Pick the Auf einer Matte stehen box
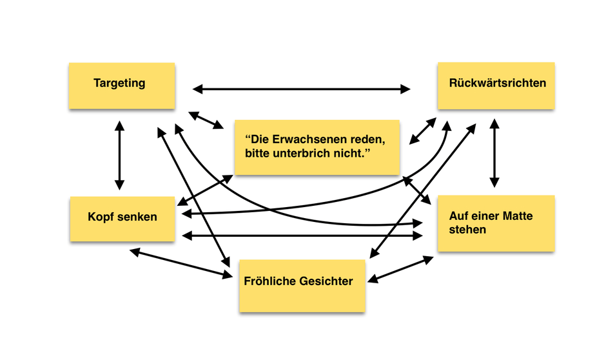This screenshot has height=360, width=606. [x=496, y=223]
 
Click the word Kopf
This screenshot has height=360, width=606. [x=100, y=216]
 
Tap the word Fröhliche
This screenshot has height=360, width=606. [x=269, y=281]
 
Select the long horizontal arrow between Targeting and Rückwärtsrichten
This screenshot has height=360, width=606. [x=302, y=88]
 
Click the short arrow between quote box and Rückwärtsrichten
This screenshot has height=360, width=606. [x=423, y=132]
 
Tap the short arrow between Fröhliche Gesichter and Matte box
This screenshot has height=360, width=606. [x=400, y=268]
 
